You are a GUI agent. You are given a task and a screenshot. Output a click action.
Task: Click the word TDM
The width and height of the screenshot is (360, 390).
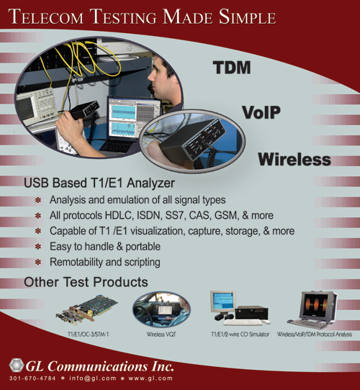(232, 68)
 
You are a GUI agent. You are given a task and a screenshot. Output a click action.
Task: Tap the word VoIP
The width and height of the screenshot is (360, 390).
(261, 112)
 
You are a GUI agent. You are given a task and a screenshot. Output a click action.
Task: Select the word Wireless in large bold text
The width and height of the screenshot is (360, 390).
(294, 160)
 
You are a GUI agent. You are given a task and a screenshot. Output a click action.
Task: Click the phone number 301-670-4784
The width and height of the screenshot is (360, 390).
(32, 378)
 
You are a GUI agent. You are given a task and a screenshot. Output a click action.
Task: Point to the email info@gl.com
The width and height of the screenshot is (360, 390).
(93, 378)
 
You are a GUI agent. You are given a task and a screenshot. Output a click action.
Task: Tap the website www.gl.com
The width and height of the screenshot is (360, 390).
(150, 378)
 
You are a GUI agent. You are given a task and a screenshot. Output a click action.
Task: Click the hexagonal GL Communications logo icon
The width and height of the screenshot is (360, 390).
(17, 365)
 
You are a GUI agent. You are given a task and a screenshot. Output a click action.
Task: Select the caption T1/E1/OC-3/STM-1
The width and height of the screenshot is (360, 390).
(88, 335)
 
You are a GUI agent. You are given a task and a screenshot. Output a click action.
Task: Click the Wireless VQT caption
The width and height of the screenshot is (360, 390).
(161, 335)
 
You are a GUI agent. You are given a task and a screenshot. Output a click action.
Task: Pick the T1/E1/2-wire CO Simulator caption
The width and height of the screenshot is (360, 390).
(240, 335)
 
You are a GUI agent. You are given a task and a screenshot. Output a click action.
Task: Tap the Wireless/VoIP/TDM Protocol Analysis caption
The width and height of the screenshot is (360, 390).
(315, 335)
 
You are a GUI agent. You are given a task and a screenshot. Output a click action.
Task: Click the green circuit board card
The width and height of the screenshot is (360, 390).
(86, 310)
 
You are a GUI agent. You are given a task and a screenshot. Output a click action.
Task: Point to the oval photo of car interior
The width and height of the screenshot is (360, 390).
(161, 309)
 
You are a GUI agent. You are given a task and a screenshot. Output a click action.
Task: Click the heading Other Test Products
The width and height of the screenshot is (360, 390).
(86, 282)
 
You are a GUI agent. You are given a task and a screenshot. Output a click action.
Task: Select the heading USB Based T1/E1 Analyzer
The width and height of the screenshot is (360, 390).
(99, 183)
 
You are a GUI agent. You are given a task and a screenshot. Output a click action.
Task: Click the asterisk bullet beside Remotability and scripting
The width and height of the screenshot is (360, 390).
(38, 262)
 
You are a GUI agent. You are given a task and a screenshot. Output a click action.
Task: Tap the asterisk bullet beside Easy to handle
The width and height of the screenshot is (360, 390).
(38, 247)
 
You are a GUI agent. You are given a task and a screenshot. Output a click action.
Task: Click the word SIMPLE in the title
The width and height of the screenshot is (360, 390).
(247, 17)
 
